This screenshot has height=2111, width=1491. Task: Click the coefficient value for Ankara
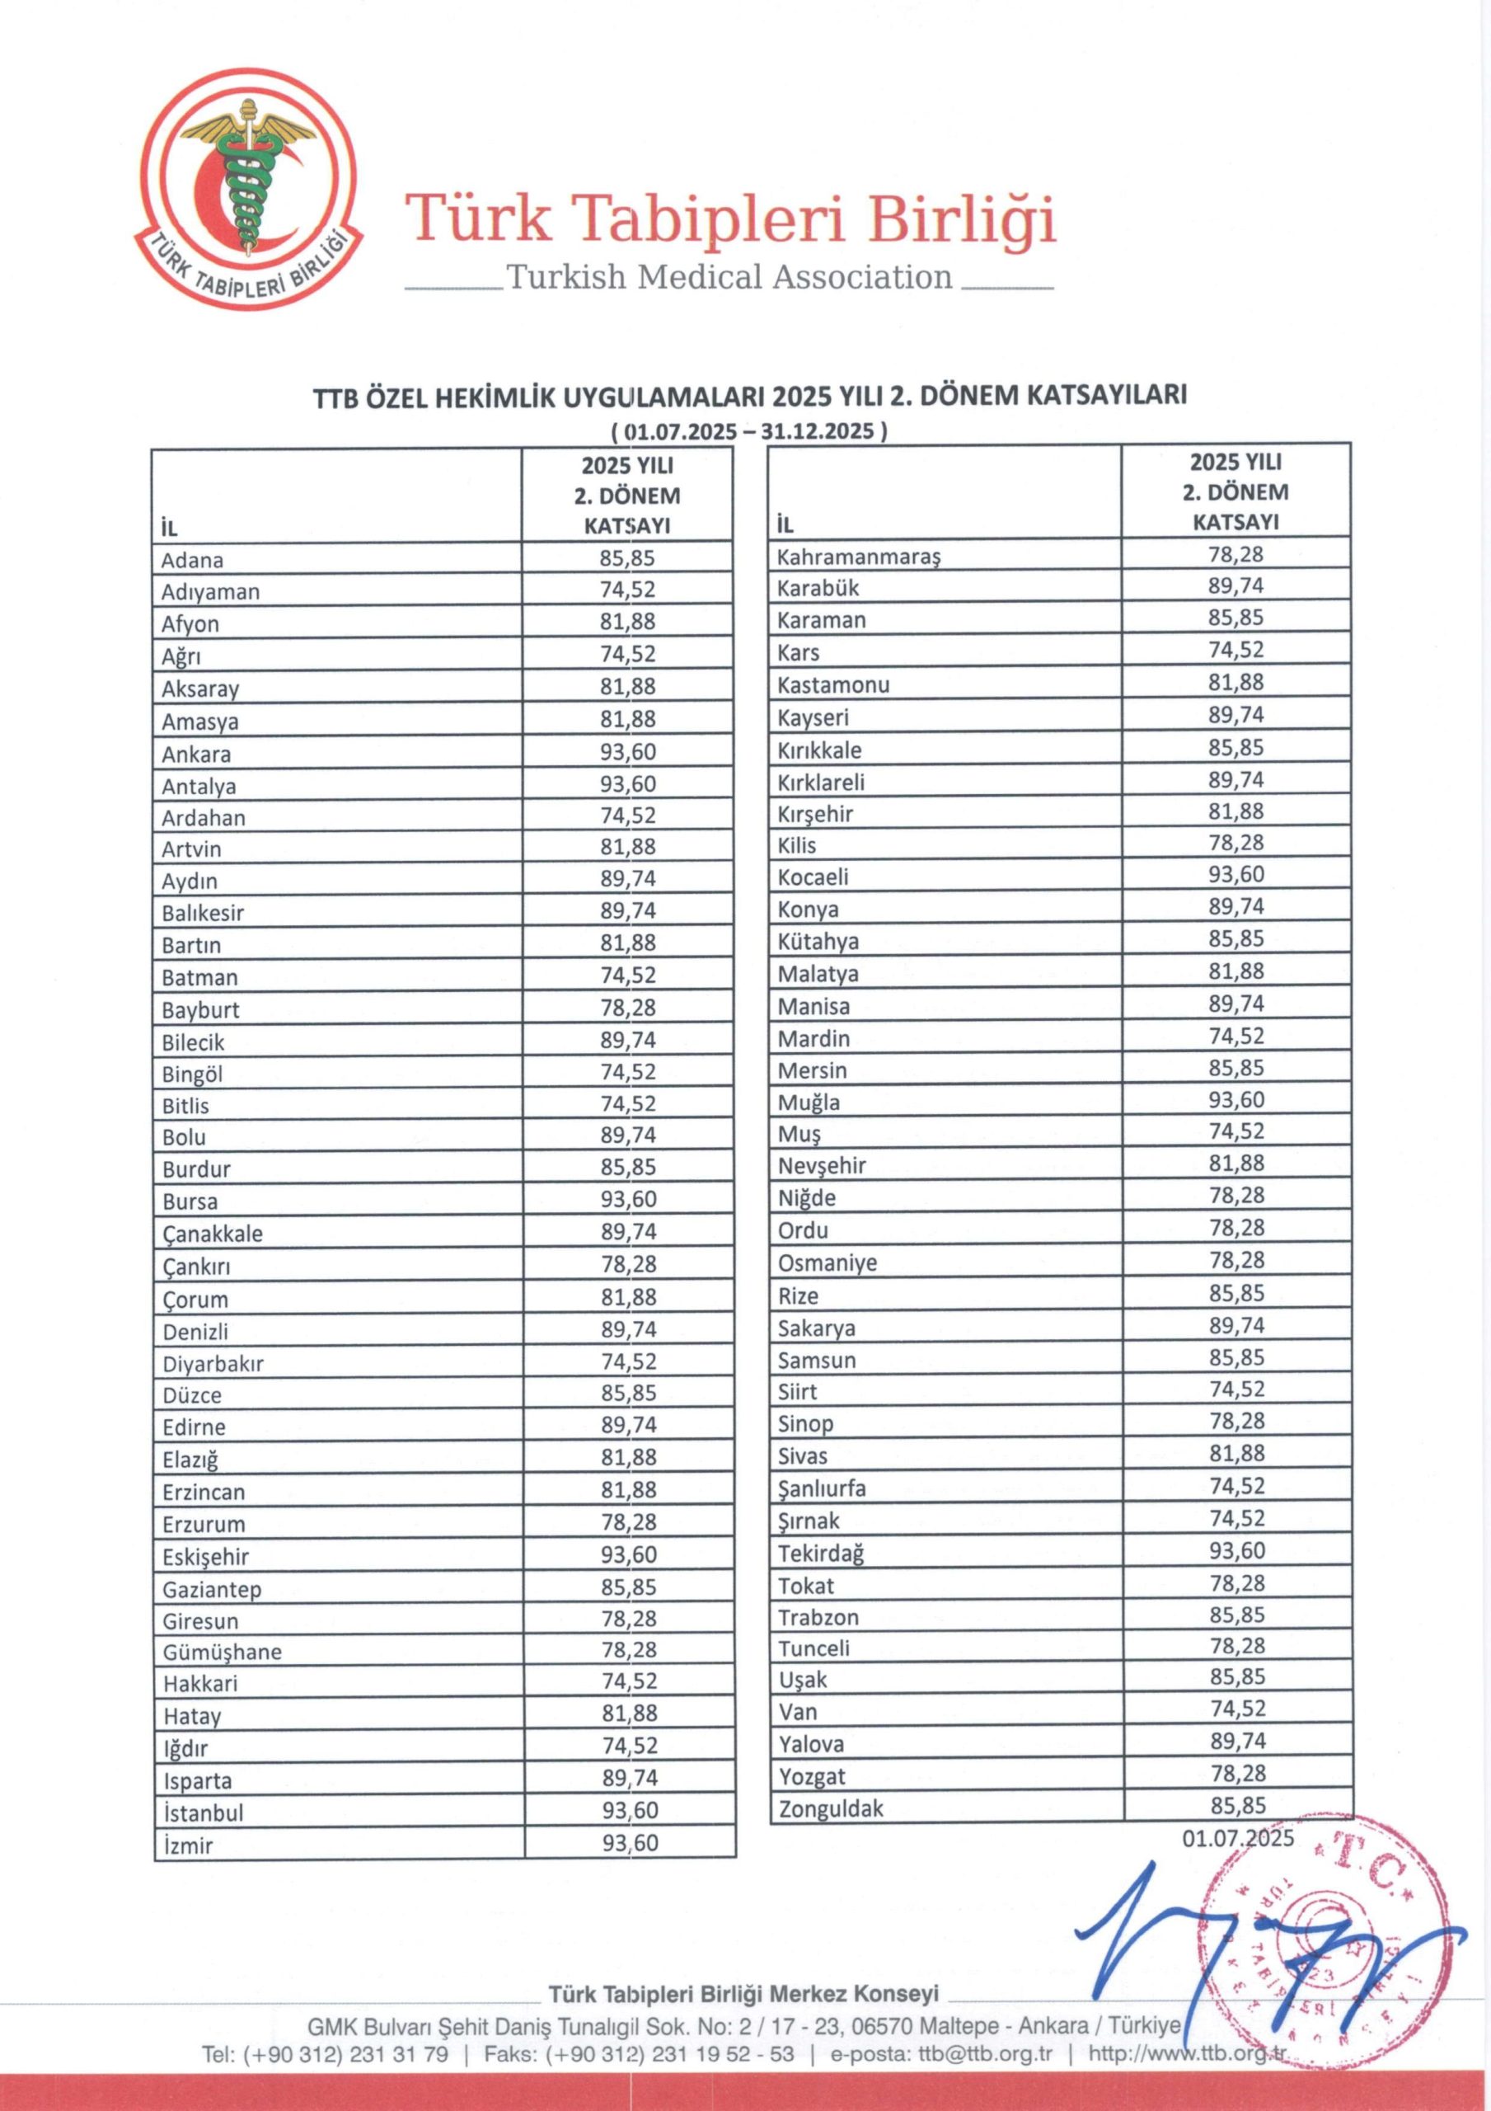tap(628, 752)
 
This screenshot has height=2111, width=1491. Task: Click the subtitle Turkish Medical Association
tap(729, 277)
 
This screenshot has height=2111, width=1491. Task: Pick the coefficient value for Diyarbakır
tap(629, 1361)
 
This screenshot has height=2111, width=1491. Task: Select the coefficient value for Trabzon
tap(1236, 1615)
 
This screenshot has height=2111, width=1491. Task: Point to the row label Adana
tap(192, 560)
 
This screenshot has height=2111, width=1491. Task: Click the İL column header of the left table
tap(169, 529)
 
